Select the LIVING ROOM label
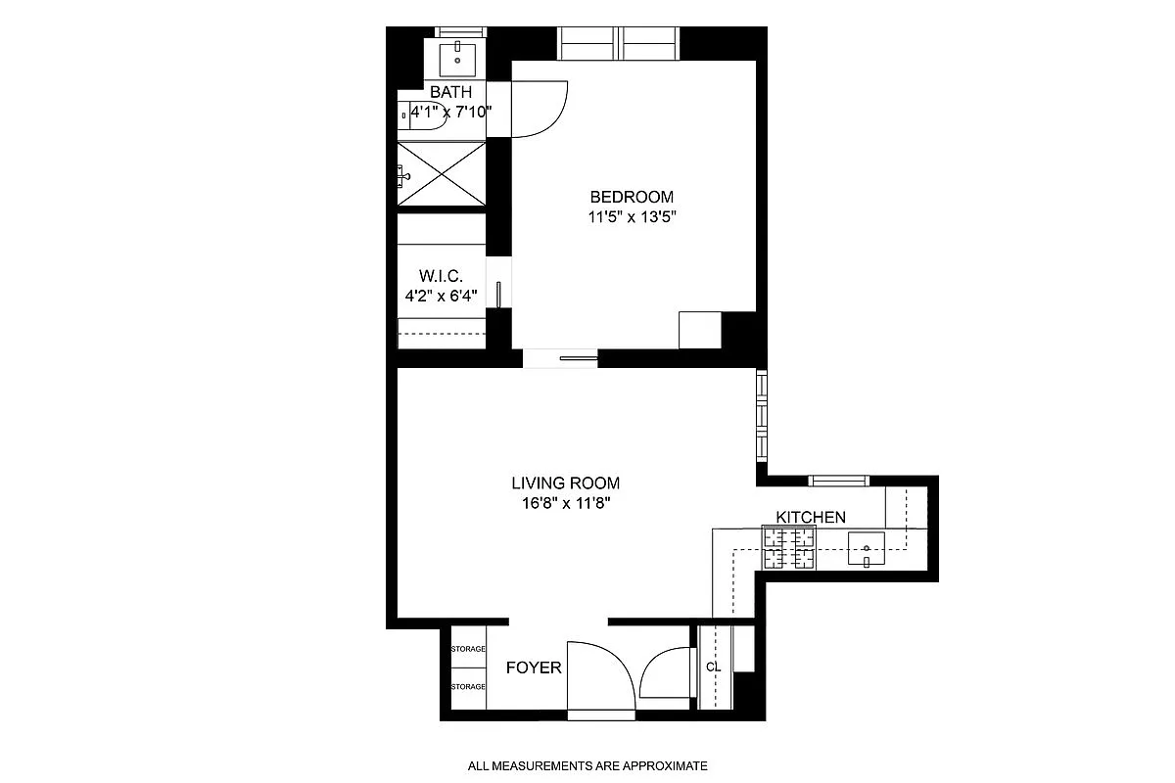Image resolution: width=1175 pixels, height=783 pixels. [565, 483]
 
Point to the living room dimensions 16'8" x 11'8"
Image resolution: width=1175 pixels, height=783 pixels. [565, 505]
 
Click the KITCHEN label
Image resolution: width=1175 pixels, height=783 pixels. [811, 517]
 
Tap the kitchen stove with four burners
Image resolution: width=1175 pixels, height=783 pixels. [789, 548]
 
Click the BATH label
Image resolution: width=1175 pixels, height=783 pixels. [451, 92]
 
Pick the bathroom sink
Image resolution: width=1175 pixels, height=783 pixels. [456, 58]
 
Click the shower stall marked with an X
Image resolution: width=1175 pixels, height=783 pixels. [442, 173]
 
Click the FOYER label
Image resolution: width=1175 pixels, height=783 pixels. [534, 668]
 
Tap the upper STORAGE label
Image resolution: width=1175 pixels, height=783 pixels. [468, 649]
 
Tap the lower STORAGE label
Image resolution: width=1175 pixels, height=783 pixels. [468, 687]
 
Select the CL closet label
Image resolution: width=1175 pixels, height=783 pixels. [713, 668]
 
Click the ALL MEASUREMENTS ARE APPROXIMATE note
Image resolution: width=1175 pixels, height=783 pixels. [587, 765]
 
